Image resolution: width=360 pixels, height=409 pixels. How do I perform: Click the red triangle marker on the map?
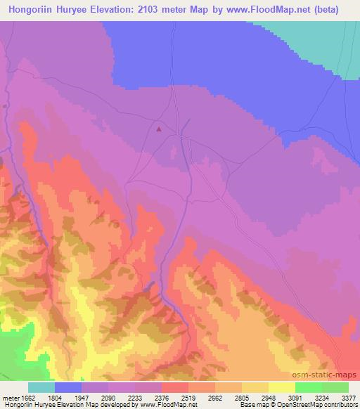pos(159,129)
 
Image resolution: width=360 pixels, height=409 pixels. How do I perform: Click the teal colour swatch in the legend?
pos(41,387)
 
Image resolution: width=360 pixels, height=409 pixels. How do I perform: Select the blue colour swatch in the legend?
pos(68,387)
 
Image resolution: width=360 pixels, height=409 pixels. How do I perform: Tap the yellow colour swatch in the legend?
pos(282,387)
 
